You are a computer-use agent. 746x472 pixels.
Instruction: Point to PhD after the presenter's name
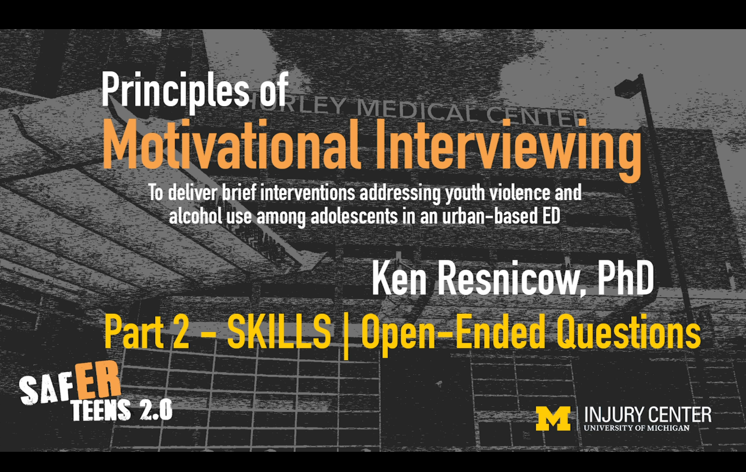tap(626, 278)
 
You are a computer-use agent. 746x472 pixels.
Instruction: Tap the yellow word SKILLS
tap(279, 332)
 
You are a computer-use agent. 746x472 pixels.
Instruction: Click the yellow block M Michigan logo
tap(553, 418)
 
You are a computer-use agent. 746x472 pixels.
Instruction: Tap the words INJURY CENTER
tap(648, 415)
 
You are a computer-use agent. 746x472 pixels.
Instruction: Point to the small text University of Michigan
tap(637, 428)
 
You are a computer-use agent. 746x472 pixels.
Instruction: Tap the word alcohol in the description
tap(195, 216)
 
